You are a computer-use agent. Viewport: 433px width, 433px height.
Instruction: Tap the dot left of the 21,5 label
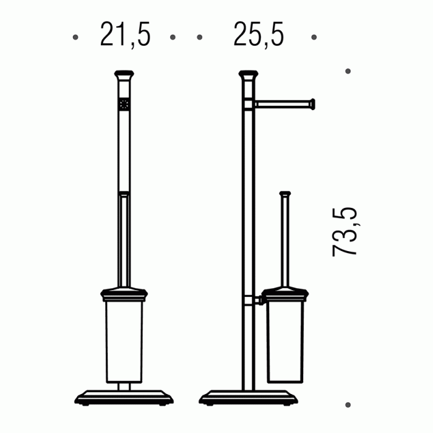click(x=75, y=37)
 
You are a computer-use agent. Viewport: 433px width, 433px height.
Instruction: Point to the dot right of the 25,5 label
click(x=314, y=37)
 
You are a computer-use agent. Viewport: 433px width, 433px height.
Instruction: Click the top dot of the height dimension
click(x=348, y=71)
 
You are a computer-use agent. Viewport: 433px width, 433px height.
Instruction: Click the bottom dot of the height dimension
click(x=348, y=405)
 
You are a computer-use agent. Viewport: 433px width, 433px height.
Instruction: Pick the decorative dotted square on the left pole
click(x=124, y=105)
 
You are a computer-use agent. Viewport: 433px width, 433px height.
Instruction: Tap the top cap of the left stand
click(x=124, y=75)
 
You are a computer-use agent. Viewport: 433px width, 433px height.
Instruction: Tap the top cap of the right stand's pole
click(x=249, y=75)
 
